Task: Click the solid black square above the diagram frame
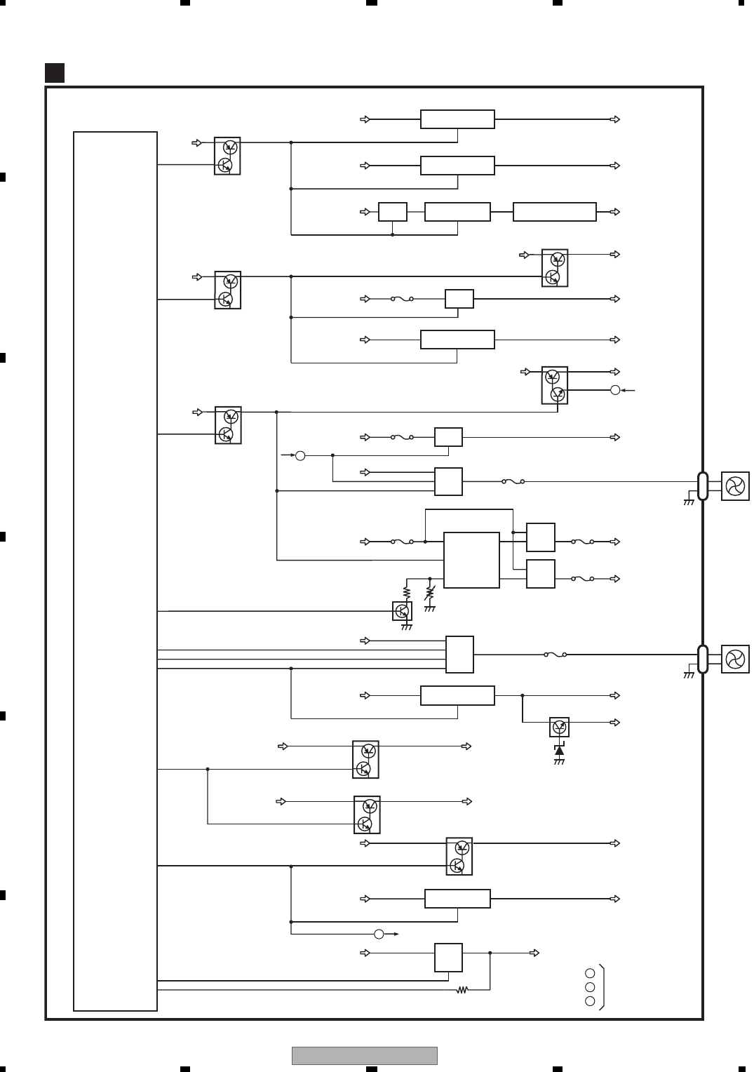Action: tap(55, 73)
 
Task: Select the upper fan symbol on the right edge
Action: tap(735, 486)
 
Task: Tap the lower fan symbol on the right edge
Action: tap(735, 659)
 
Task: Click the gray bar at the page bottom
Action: tap(364, 1055)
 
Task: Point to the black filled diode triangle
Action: tap(559, 751)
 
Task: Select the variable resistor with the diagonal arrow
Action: tap(430, 593)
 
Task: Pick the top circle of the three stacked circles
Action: tap(590, 973)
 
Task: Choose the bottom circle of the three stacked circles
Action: tap(590, 1001)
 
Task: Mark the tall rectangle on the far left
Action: tap(115, 570)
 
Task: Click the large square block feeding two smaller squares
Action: tap(471, 560)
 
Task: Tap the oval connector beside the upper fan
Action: tap(703, 486)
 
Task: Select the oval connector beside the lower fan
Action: tap(703, 659)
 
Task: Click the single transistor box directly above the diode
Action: tap(559, 728)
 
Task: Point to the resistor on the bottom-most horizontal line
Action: tap(462, 990)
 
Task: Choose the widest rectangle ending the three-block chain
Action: tap(555, 212)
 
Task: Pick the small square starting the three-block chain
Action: tap(392, 212)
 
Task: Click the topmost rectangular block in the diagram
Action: tap(457, 119)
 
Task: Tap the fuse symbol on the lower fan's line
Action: tap(556, 655)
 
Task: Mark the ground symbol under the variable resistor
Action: tap(430, 609)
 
